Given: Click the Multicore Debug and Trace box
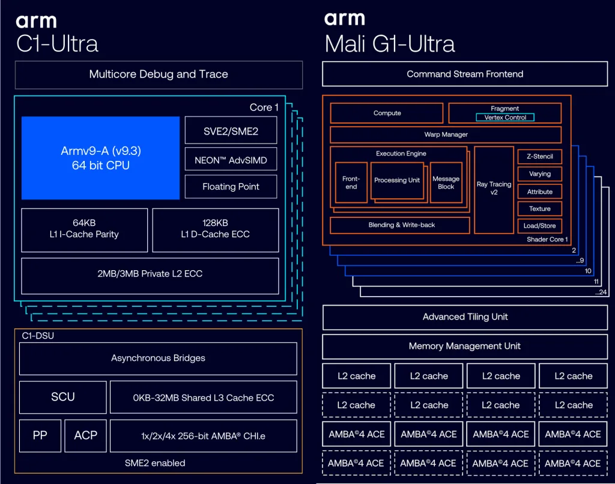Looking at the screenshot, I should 159,74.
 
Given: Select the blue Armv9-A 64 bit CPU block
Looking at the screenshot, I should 100,158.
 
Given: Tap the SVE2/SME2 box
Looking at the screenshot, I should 231,131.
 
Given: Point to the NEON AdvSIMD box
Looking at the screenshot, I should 231,160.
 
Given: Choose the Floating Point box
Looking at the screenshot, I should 231,187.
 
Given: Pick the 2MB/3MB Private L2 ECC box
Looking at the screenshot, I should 150,274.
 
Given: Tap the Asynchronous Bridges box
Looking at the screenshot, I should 158,358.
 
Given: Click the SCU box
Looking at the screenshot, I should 62,397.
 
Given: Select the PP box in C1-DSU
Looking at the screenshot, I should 40,435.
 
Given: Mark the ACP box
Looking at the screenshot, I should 85,435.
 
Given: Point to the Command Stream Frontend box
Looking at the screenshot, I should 465,74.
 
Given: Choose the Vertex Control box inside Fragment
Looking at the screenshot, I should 505,118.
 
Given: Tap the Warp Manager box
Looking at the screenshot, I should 446,135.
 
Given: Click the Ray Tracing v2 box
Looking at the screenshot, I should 494,189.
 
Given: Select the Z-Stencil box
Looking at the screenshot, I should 539,157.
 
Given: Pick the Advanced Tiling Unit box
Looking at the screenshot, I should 465,317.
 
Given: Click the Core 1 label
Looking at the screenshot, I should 264,107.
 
